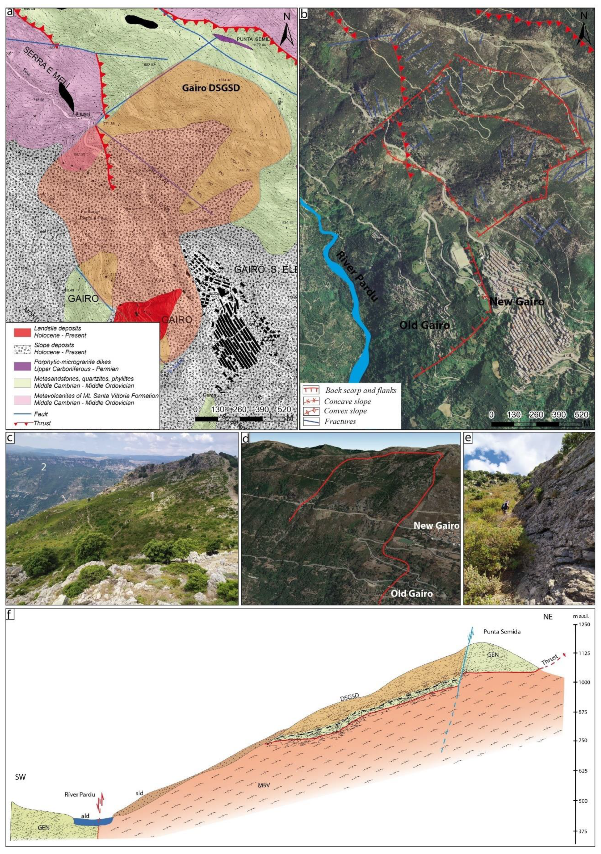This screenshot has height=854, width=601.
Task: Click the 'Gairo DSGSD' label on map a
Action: pos(211,88)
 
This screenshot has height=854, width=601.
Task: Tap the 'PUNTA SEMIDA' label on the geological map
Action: pos(255,39)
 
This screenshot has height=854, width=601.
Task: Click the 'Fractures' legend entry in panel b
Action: pos(340,421)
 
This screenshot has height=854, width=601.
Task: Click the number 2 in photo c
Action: pos(43,467)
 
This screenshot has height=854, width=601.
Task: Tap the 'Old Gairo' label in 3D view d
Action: pos(411,593)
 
